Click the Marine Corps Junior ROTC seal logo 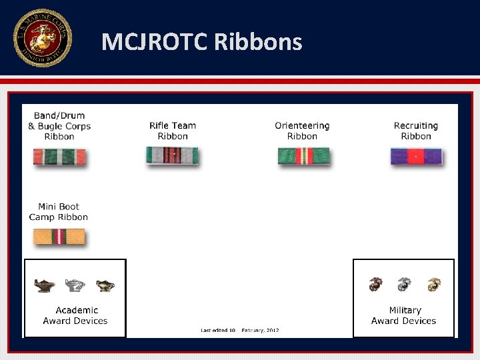coord(42,38)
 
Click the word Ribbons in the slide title coord(258,42)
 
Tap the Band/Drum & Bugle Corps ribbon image coord(60,157)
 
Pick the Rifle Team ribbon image coord(172,155)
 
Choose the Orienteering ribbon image coord(303,156)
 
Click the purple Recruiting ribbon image coord(416,157)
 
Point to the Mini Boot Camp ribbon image coord(60,237)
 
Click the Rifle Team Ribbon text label coord(173,131)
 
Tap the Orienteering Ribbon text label coord(302,131)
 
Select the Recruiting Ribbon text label coord(416,131)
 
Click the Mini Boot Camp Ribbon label coord(59,212)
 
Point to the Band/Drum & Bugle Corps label coord(59,126)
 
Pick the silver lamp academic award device coord(75,285)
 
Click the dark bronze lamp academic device coord(45,285)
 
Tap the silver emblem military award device coord(404,285)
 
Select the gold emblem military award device coord(434,285)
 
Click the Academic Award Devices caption coord(75,315)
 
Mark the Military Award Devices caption coord(404,315)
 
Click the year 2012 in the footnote coord(271,331)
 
